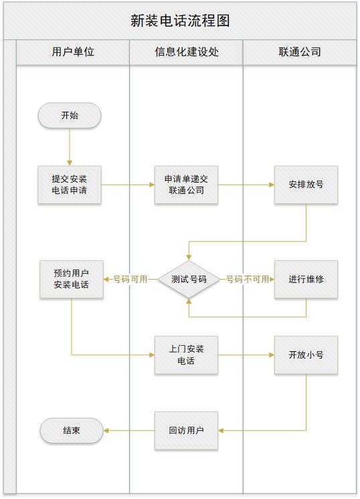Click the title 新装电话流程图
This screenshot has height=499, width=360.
(x=180, y=21)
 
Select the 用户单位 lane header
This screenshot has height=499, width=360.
(x=73, y=52)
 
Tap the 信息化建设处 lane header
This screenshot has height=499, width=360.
(x=186, y=52)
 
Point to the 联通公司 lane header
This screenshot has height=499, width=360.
(x=300, y=52)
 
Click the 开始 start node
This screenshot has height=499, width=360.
(x=70, y=115)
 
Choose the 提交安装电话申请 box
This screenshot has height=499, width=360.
(x=70, y=185)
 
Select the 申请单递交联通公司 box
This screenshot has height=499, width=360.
(x=186, y=185)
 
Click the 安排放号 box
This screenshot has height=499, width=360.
(x=306, y=185)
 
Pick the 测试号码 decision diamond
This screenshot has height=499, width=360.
(x=189, y=280)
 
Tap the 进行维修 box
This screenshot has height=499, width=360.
(x=306, y=280)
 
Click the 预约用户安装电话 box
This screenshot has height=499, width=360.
(x=72, y=280)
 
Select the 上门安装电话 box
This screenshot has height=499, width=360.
(x=186, y=355)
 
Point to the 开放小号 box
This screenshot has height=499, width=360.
(x=306, y=355)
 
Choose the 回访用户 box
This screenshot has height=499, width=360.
(x=186, y=431)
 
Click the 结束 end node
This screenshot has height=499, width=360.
(x=72, y=431)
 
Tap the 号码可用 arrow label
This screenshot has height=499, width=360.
(x=130, y=280)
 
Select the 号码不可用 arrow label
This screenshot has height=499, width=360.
(x=248, y=280)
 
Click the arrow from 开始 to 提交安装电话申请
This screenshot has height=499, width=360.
(x=70, y=146)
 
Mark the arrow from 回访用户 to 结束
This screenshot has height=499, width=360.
(x=129, y=431)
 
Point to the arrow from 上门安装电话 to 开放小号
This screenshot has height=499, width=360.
(x=246, y=355)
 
